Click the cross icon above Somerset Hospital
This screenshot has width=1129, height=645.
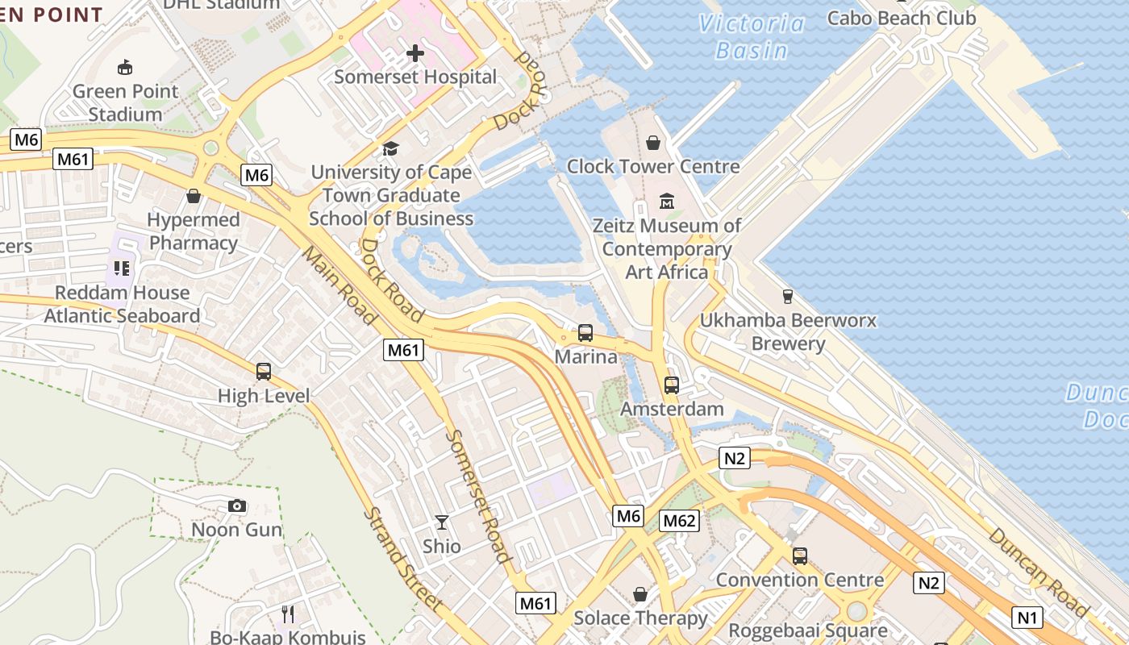click(415, 54)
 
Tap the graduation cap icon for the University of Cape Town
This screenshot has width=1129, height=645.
click(391, 148)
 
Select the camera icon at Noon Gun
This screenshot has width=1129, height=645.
click(237, 506)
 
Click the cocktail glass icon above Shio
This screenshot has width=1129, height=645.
click(442, 522)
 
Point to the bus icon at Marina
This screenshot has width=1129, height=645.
click(585, 332)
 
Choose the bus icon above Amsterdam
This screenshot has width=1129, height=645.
click(672, 385)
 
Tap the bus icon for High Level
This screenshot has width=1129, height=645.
click(264, 372)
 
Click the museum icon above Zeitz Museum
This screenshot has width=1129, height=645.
click(667, 201)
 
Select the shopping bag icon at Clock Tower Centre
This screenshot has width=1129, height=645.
click(653, 143)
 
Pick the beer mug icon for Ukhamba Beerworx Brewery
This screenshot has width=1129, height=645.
click(788, 296)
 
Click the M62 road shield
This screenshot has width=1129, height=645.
click(679, 521)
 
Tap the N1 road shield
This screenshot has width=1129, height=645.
click(1027, 618)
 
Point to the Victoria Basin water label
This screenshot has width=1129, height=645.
click(752, 37)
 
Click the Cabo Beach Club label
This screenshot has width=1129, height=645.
click(902, 18)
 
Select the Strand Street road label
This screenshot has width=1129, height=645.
click(402, 559)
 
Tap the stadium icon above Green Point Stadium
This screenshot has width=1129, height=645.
click(125, 67)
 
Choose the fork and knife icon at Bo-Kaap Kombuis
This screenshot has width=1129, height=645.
click(288, 614)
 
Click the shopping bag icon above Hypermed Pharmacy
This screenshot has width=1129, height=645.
click(194, 196)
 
